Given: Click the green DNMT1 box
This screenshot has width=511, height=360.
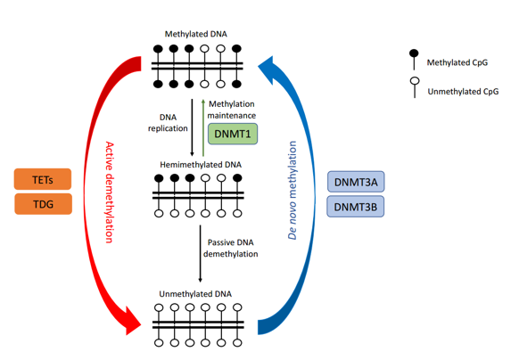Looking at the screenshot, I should [233, 135].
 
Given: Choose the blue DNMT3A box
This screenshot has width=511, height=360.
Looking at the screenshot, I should [357, 183].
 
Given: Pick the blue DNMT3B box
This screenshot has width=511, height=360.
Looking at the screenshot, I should [357, 207].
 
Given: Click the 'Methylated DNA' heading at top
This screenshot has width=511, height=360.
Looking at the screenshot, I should [196, 35].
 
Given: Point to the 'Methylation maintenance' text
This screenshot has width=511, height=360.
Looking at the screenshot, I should [232, 110].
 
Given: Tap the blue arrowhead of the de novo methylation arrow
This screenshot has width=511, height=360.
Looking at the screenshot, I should [267, 64].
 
